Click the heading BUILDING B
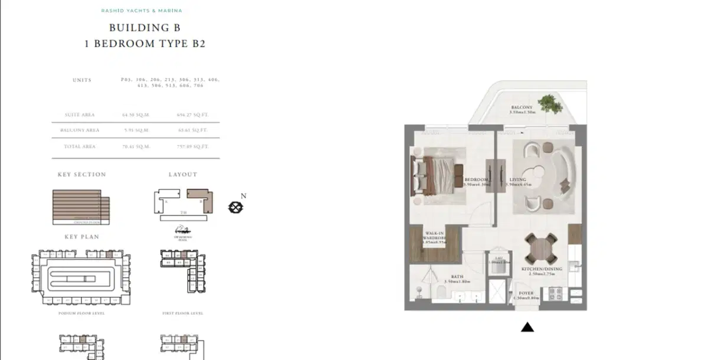145,28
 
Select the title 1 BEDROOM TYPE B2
145,44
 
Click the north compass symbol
236,207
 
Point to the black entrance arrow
527,327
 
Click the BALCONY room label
522,107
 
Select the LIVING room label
517,179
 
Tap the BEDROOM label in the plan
476,179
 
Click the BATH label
457,276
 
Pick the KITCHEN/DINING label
542,269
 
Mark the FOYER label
526,293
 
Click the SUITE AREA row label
80,115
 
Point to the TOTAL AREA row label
80,146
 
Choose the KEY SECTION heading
81,175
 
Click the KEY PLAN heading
81,237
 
